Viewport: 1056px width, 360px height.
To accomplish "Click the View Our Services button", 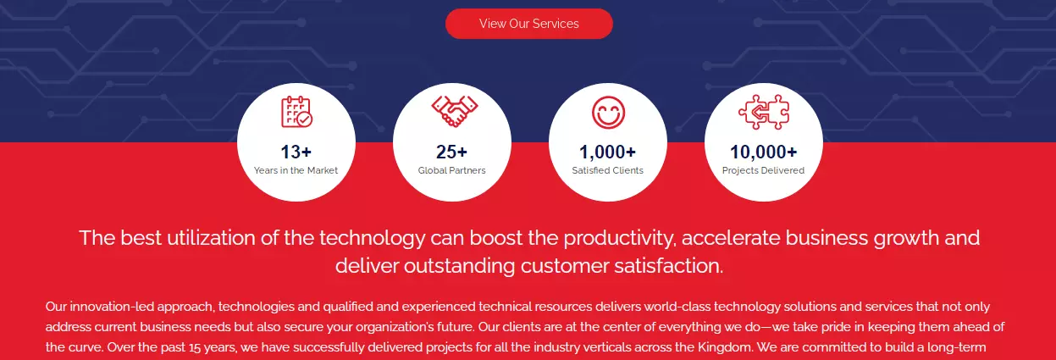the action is (x=529, y=24).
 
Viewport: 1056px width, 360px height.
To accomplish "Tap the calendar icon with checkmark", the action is (x=296, y=112).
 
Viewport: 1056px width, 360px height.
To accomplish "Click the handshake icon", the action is (x=455, y=111).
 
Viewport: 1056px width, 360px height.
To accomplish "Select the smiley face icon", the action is (x=608, y=113).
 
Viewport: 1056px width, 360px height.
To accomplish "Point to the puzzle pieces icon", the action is (x=764, y=112).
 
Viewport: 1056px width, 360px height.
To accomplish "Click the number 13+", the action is (x=296, y=152).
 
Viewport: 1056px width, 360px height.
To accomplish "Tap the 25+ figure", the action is (x=451, y=152).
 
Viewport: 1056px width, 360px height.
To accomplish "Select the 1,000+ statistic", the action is (x=608, y=152).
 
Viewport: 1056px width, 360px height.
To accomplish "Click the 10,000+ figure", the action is (x=764, y=152).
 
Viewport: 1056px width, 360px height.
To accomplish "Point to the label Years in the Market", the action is (x=296, y=170).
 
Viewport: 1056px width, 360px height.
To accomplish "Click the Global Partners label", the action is (x=451, y=170).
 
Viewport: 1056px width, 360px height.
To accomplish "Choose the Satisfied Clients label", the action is (x=608, y=170).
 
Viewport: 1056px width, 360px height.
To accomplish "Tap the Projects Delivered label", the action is (x=763, y=170).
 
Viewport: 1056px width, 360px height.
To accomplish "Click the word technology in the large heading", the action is (x=373, y=238).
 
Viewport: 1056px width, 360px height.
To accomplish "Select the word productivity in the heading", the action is (x=620, y=238).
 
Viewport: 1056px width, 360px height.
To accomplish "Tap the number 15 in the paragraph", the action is (x=195, y=348).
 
